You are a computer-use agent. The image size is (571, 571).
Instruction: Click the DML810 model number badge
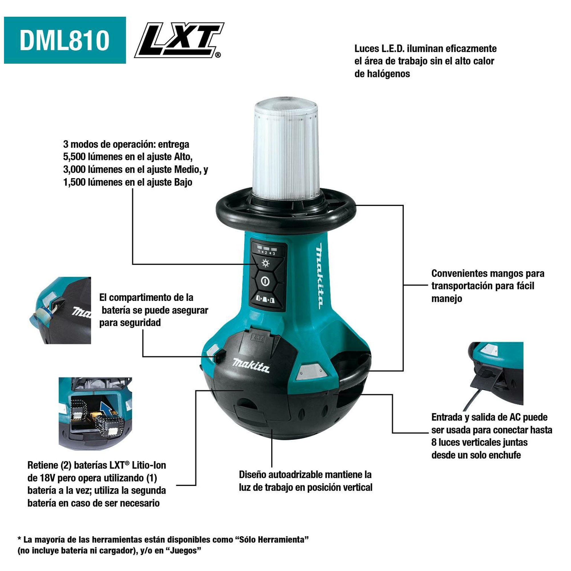[65, 40]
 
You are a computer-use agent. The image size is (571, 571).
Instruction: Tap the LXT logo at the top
[179, 40]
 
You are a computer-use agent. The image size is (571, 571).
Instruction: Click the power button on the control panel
[265, 281]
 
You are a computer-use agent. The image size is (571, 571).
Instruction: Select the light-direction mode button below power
[265, 300]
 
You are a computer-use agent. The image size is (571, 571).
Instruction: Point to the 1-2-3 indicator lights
[267, 250]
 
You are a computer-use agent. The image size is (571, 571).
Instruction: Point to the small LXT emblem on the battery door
[257, 338]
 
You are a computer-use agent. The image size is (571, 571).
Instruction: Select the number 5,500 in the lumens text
[76, 157]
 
